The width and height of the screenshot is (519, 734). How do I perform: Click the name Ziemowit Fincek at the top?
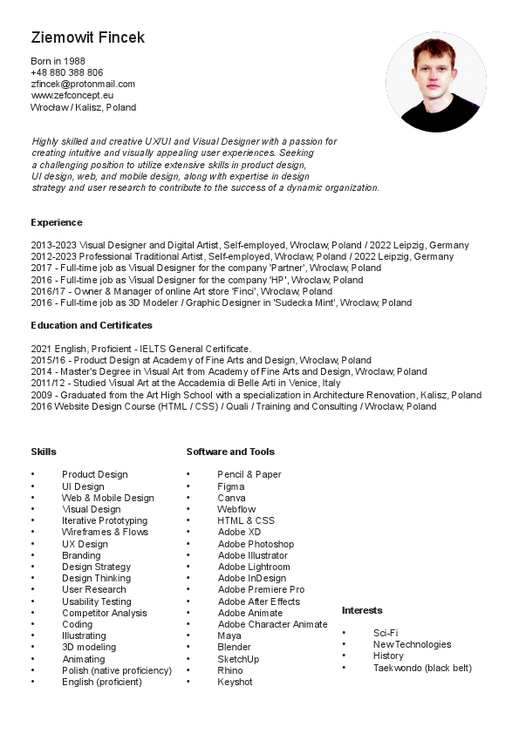click(x=87, y=37)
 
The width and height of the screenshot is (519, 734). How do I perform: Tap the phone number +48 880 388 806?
click(x=66, y=72)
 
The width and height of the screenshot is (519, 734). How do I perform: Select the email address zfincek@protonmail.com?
click(x=83, y=84)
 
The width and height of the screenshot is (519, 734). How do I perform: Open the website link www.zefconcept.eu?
click(x=72, y=95)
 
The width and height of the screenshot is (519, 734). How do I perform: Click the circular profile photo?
click(x=435, y=82)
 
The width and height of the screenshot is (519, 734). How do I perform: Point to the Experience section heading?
click(x=56, y=222)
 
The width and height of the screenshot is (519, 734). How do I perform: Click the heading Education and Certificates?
click(x=91, y=325)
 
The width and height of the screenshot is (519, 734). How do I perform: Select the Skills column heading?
click(x=43, y=452)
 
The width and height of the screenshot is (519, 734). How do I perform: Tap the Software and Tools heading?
click(x=230, y=452)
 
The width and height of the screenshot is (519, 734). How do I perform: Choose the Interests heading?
click(x=361, y=610)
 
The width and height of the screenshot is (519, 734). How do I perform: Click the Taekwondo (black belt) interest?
click(x=422, y=668)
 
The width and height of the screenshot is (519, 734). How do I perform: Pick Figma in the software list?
click(x=230, y=486)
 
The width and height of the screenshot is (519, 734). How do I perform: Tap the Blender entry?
click(x=234, y=648)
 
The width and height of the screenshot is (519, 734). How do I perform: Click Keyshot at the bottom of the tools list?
click(x=235, y=682)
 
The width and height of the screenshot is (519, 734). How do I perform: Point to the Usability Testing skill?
click(x=96, y=601)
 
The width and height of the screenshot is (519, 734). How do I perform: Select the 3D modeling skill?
click(x=88, y=648)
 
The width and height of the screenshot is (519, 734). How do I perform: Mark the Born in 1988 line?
click(x=58, y=61)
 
